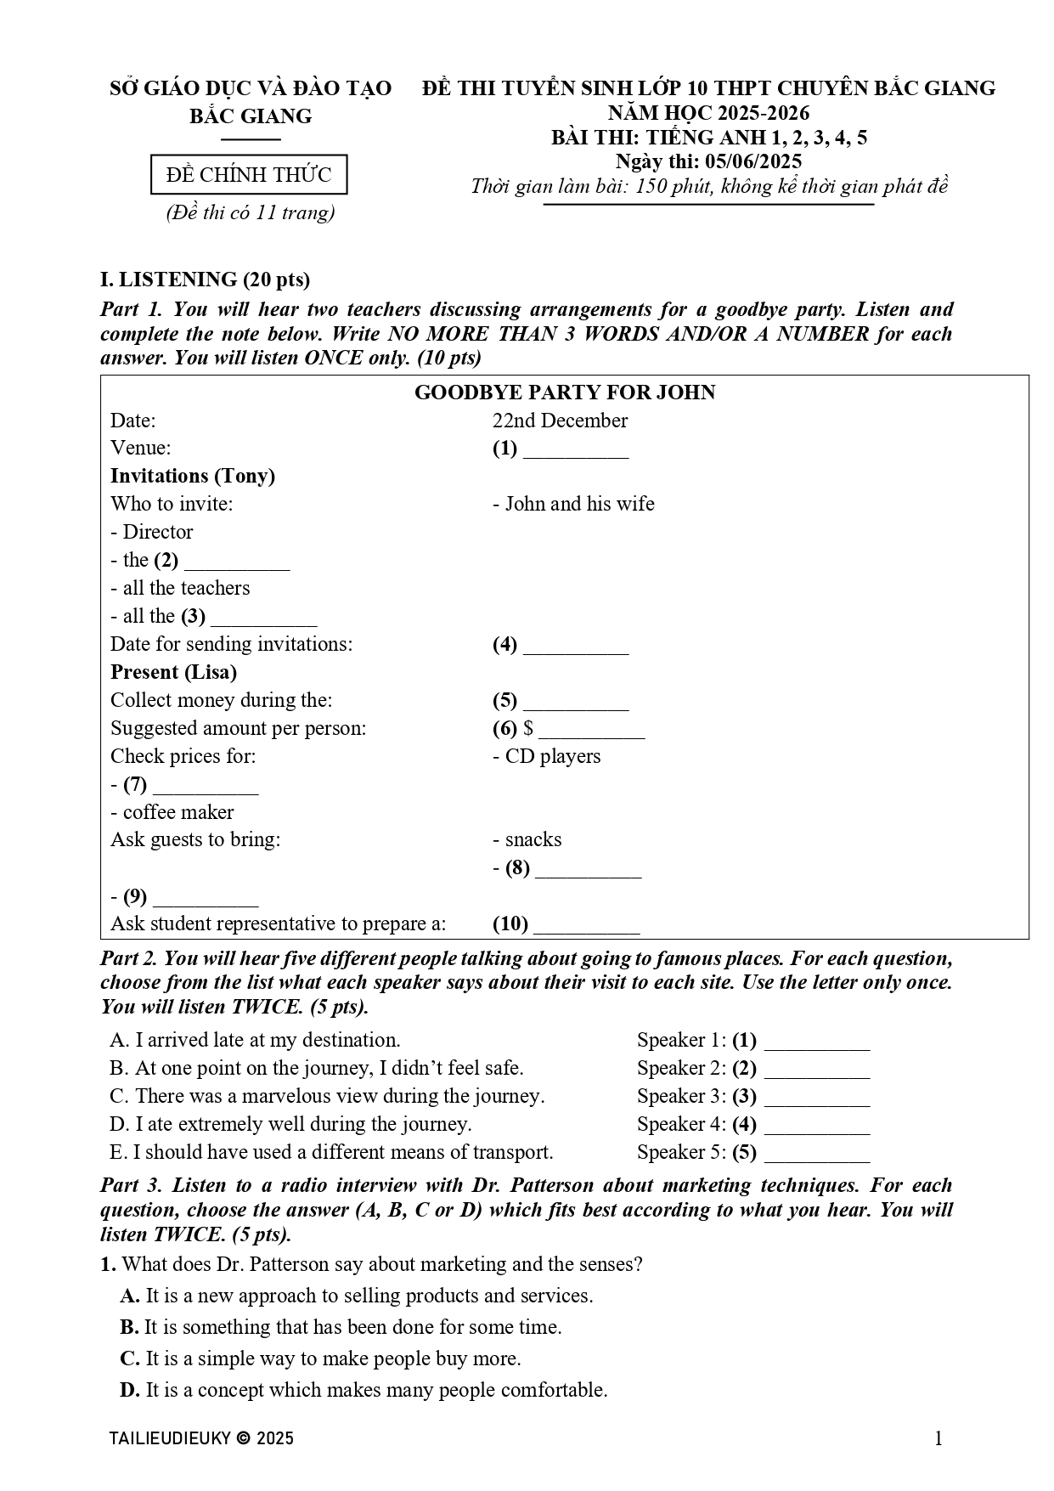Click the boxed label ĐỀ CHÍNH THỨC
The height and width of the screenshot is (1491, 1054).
[x=249, y=175]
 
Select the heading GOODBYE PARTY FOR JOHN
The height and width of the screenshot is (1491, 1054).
[x=564, y=393]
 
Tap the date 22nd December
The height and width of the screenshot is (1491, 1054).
[x=560, y=421]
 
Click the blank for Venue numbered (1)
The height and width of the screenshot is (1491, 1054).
[x=576, y=450]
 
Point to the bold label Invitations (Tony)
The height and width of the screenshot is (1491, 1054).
[x=193, y=476]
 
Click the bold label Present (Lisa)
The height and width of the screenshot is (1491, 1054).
[x=173, y=672]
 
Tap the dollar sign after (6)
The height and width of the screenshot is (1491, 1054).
[x=529, y=728]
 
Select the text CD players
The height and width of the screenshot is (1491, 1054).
[x=552, y=756]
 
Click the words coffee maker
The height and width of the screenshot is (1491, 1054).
[x=178, y=812]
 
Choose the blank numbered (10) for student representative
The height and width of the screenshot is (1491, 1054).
[x=586, y=925]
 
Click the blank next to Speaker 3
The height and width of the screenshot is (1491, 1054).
[x=817, y=1098]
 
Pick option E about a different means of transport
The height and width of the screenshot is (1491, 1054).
[x=331, y=1152]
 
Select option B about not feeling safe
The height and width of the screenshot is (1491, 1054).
[x=316, y=1068]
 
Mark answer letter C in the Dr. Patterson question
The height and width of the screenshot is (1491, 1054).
[x=130, y=1358]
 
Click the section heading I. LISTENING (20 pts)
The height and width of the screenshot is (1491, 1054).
[x=205, y=280]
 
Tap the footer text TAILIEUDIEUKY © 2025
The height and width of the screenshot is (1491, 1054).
[x=201, y=1438]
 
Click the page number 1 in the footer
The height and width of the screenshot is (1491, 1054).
[x=938, y=1438]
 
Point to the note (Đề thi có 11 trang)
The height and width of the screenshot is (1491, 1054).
[x=250, y=212]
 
